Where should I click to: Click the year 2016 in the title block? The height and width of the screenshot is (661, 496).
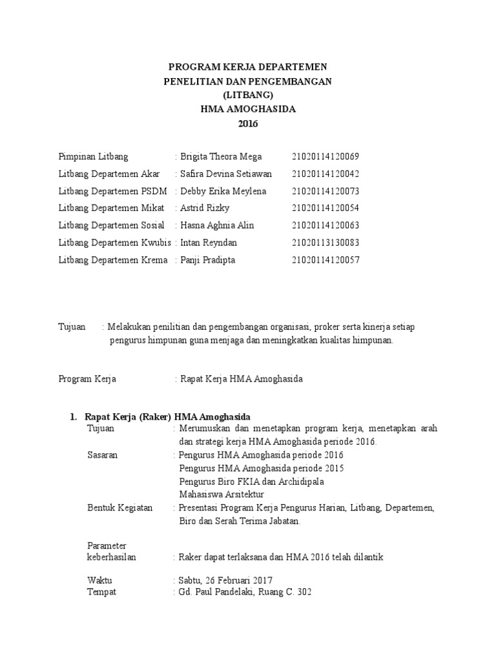click(x=248, y=124)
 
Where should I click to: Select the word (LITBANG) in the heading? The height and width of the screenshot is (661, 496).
click(x=248, y=95)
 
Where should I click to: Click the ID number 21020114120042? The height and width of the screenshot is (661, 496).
click(x=325, y=174)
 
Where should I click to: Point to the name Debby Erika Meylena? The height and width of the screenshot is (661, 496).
click(x=223, y=191)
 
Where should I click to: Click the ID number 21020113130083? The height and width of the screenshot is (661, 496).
click(x=325, y=243)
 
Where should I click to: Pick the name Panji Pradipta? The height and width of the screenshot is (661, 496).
click(x=208, y=260)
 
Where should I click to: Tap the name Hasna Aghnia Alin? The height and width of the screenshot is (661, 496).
click(x=217, y=225)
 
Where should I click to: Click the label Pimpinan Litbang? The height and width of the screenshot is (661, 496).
click(x=94, y=156)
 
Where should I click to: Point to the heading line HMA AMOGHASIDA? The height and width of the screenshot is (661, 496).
click(x=248, y=109)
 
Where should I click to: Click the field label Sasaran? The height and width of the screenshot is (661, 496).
click(x=103, y=455)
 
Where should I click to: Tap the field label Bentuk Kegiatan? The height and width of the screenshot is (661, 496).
click(x=120, y=508)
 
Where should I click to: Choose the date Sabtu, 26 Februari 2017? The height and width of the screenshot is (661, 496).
click(x=225, y=580)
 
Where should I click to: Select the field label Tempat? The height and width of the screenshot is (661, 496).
click(x=102, y=592)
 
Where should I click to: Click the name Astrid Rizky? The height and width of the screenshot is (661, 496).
click(x=205, y=208)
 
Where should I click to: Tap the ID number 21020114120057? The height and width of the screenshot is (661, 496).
click(x=325, y=260)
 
